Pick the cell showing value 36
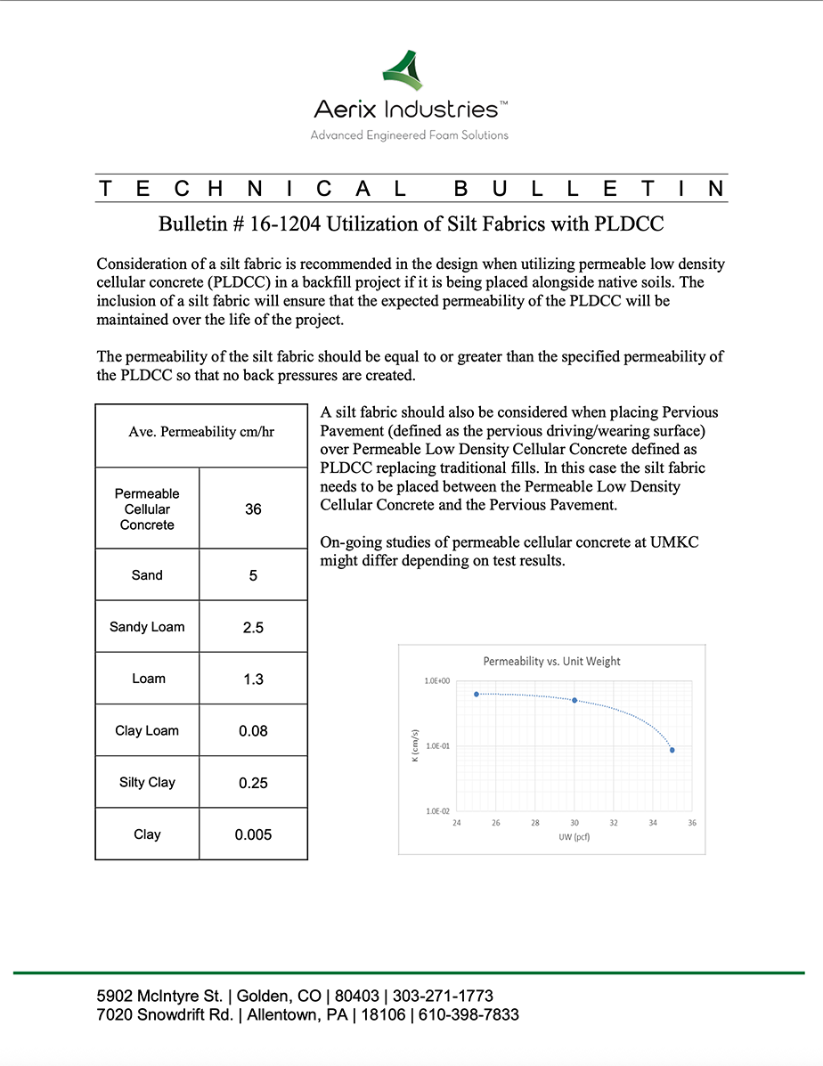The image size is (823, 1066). [x=253, y=509]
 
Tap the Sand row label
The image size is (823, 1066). [x=147, y=575]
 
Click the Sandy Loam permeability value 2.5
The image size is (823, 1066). [x=253, y=627]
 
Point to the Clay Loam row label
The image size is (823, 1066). [x=147, y=731]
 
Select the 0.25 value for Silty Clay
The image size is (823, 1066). [x=253, y=783]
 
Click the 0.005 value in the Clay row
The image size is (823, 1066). [x=253, y=834]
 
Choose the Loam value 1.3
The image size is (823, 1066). [x=253, y=679]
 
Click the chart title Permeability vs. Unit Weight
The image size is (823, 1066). [x=551, y=662]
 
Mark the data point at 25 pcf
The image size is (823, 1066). [x=477, y=694]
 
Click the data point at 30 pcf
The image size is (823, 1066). [x=574, y=700]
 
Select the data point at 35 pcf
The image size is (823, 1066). [x=672, y=750]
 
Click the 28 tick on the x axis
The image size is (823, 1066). [x=535, y=823]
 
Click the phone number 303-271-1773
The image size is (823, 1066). [x=442, y=996]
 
